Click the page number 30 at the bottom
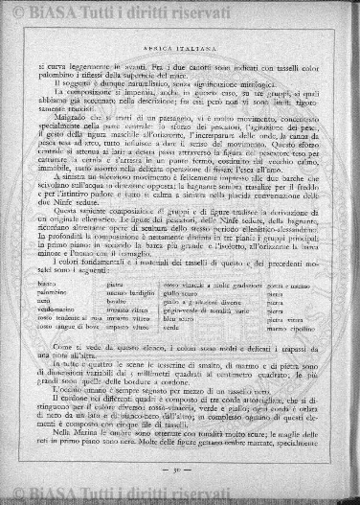181,469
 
